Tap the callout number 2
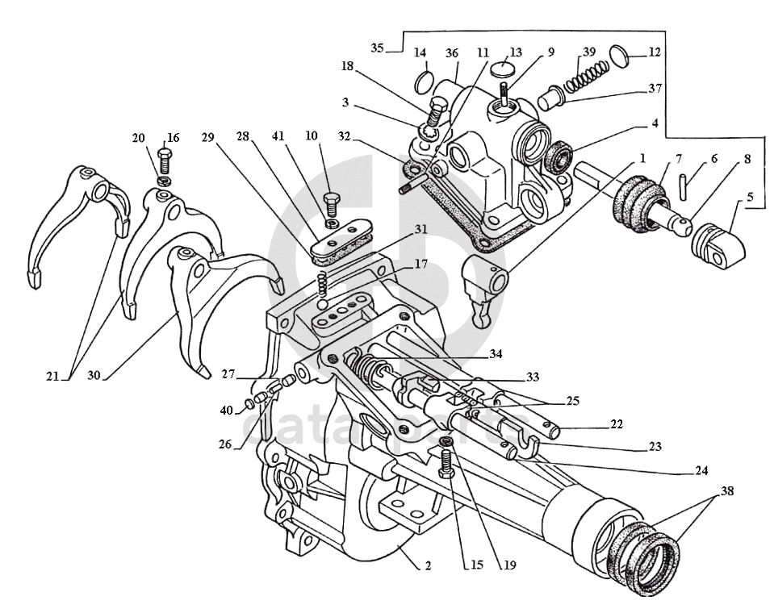click(428, 566)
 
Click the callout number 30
click(94, 376)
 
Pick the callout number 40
click(227, 411)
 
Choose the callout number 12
click(655, 53)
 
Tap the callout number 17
click(420, 264)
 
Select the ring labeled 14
click(422, 81)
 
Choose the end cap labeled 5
click(718, 243)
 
